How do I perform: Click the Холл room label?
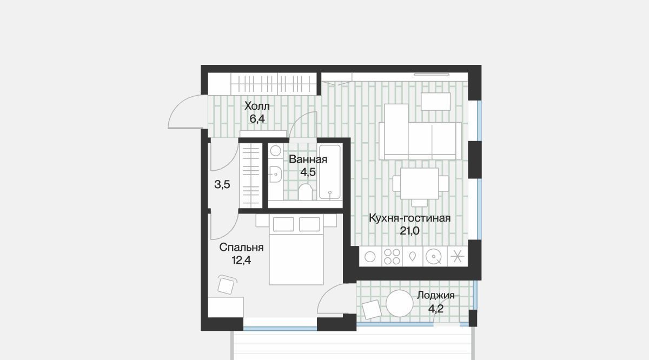pyautogui.click(x=257, y=106)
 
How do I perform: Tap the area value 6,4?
pyautogui.click(x=257, y=119)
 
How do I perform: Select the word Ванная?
pyautogui.click(x=308, y=159)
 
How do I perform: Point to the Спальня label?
pyautogui.click(x=241, y=248)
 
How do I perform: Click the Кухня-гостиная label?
pyautogui.click(x=410, y=218)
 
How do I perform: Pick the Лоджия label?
pyautogui.click(x=436, y=296)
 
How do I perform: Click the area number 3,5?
pyautogui.click(x=222, y=184)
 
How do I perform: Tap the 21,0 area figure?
pyautogui.click(x=410, y=231)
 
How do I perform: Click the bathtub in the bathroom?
pyautogui.click(x=330, y=172)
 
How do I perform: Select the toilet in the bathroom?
pyautogui.click(x=306, y=192)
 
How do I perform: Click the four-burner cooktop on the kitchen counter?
pyautogui.click(x=392, y=257)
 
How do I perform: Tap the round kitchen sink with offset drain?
pyautogui.click(x=434, y=257)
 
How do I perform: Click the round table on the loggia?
pyautogui.click(x=399, y=303)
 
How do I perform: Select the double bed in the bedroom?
pyautogui.click(x=296, y=249)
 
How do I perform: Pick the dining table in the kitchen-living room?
pyautogui.click(x=420, y=183)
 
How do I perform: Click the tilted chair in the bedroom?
pyautogui.click(x=226, y=285)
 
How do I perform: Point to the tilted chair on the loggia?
pyautogui.click(x=372, y=310)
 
